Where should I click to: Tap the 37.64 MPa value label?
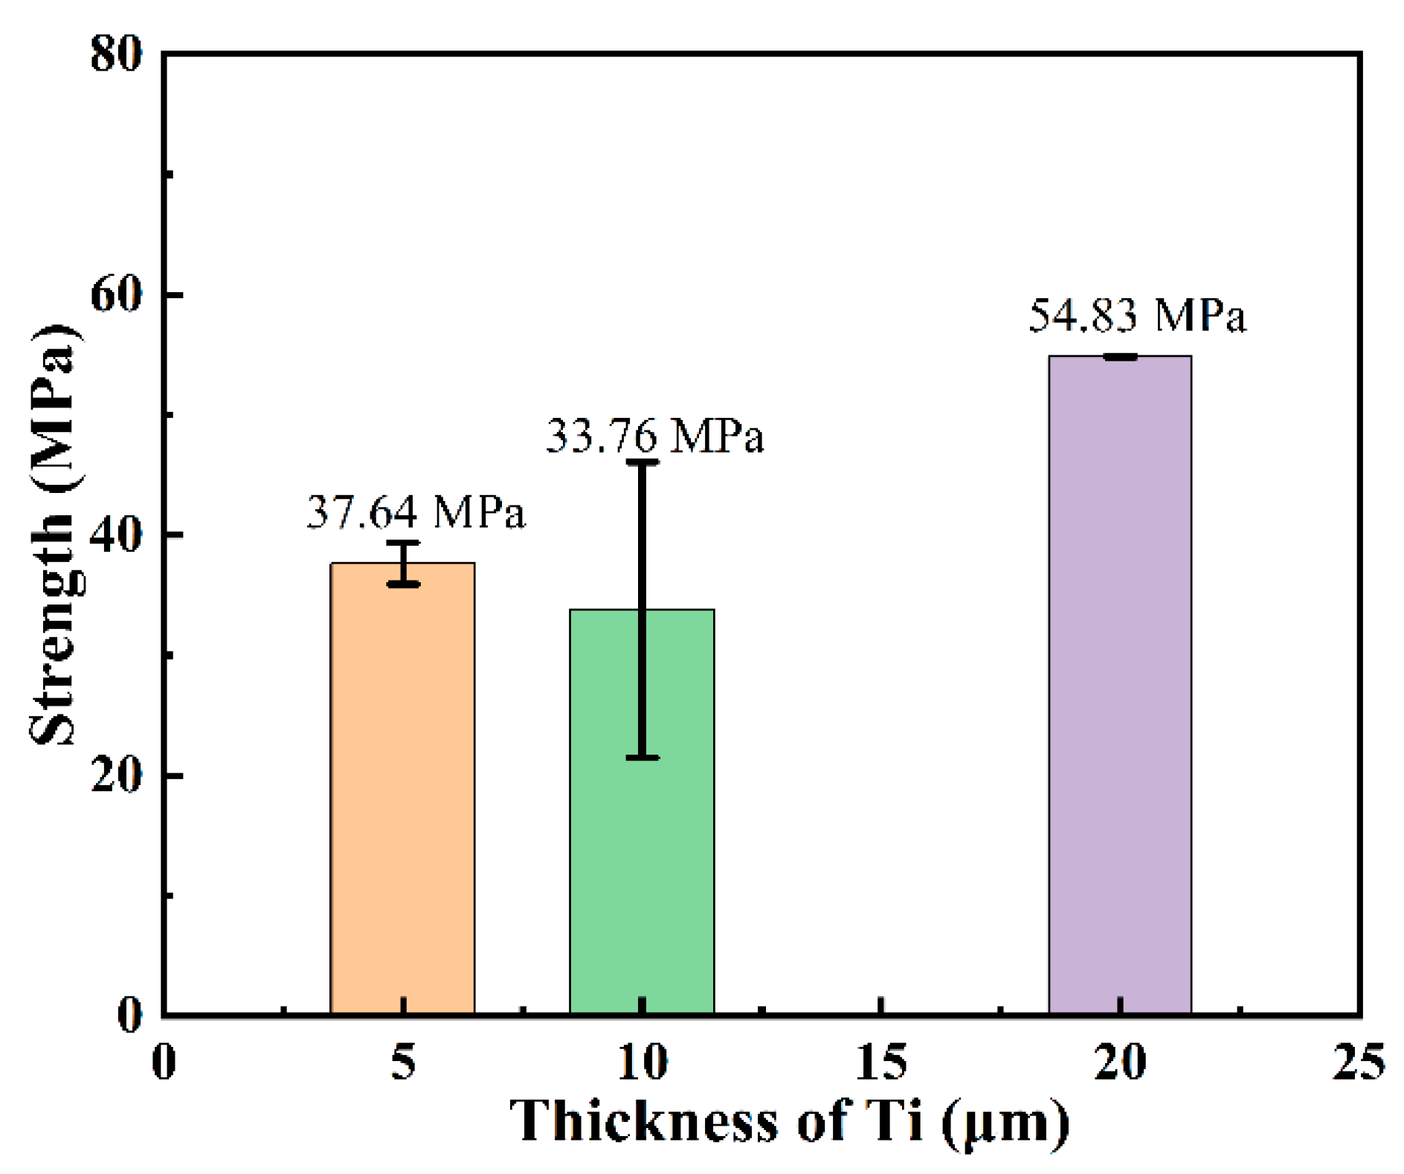pos(416,512)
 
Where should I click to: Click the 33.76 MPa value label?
pos(654,436)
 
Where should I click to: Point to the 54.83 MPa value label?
pos(1137,315)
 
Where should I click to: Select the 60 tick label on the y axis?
pos(116,294)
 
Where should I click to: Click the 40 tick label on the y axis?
pos(116,535)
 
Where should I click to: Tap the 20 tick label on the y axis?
pos(116,775)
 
